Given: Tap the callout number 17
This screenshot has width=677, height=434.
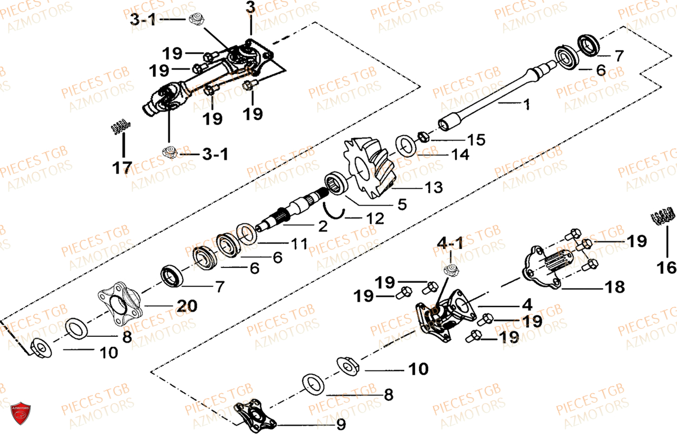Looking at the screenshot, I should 122,168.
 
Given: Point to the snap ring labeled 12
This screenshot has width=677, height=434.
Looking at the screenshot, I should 334,210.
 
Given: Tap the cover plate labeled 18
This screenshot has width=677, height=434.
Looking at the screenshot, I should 545,264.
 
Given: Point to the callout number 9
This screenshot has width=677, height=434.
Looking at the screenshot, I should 339,424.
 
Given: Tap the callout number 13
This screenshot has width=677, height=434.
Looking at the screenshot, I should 434,188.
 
